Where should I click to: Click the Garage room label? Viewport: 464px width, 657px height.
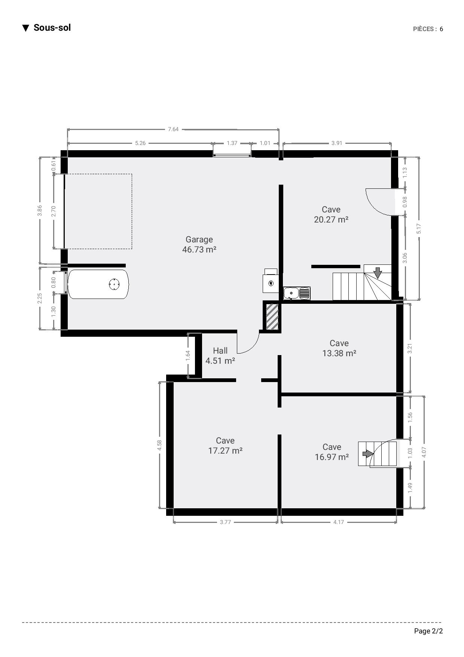tap(199, 240)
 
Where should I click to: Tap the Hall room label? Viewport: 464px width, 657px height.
tap(220, 351)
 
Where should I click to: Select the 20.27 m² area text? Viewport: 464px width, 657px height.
tap(331, 219)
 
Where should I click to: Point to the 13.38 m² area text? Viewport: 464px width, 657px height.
tap(339, 353)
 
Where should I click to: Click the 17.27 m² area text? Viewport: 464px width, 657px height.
tap(225, 451)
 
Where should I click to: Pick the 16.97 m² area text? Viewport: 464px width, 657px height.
tap(332, 457)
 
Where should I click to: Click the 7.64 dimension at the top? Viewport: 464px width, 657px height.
tap(173, 129)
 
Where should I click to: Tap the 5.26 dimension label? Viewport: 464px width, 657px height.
tap(140, 143)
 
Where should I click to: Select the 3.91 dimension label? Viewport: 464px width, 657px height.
tap(337, 143)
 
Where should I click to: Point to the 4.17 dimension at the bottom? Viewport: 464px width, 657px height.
tap(339, 522)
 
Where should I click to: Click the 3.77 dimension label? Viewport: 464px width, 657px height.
tap(225, 522)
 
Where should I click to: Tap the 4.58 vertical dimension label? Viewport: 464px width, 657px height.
tap(160, 445)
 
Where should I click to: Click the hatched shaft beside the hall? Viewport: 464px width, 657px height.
tap(272, 317)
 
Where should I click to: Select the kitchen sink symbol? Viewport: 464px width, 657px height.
tap(297, 293)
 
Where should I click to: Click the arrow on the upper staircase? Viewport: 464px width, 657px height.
tap(378, 273)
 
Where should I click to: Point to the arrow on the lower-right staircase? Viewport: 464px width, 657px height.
tap(368, 454)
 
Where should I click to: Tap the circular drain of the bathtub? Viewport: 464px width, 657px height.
tap(114, 285)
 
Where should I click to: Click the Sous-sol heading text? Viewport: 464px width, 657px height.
tap(52, 28)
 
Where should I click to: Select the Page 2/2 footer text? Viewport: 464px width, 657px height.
tap(428, 631)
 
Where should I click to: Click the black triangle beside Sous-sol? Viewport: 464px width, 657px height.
tap(26, 28)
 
